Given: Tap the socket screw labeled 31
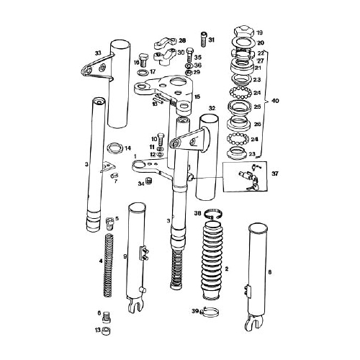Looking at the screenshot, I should coord(204,38).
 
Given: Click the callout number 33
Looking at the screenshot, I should coord(98,53).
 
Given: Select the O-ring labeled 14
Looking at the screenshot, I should coord(114,150).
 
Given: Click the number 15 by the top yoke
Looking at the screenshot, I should coord(197,96).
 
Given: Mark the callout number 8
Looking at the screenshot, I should coord(270,271).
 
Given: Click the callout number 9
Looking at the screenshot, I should coord(125,256).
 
